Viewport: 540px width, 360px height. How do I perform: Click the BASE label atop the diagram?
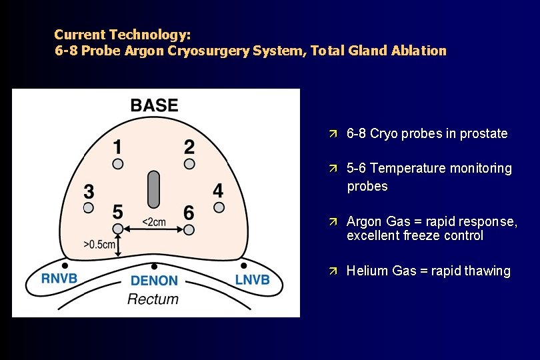(x=154, y=105)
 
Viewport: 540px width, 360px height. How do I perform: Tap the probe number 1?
(x=117, y=147)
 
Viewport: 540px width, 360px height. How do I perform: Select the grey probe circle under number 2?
(x=189, y=163)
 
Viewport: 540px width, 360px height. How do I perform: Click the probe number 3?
(x=89, y=192)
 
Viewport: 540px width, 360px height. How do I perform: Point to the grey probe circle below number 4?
(x=219, y=207)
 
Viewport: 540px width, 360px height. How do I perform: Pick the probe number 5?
(x=117, y=212)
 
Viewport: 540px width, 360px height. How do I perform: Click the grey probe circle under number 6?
(x=189, y=229)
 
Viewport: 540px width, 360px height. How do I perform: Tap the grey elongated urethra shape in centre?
(x=154, y=188)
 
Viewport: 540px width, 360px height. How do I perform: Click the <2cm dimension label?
(x=154, y=222)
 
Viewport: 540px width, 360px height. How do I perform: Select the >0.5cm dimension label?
(x=99, y=245)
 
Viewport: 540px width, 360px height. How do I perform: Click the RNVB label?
(x=60, y=279)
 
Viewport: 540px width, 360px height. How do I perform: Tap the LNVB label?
(x=252, y=279)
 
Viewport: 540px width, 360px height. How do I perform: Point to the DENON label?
(x=154, y=281)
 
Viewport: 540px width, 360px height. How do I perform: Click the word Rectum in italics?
(x=153, y=299)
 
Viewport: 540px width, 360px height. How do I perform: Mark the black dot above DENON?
(x=154, y=265)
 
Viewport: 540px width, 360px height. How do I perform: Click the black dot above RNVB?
(x=65, y=265)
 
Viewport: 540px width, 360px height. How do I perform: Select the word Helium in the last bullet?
(x=365, y=271)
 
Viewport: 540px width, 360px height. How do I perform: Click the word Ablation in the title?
(x=419, y=51)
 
